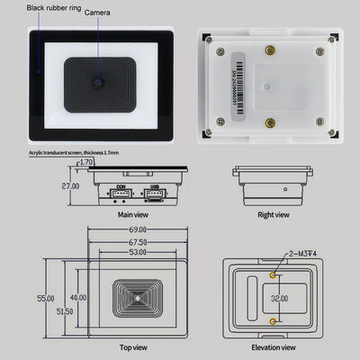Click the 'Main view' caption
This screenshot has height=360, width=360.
coord(132,215)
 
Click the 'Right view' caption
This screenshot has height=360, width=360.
coord(273,215)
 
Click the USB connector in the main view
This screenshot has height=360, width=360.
coord(156,195)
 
